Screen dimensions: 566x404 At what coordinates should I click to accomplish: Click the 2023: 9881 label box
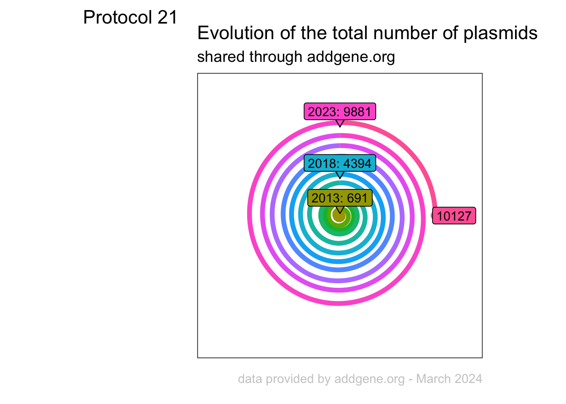click(340, 112)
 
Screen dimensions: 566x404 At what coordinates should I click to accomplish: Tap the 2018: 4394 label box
click(340, 163)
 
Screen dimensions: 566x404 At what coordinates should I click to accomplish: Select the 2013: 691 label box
click(340, 198)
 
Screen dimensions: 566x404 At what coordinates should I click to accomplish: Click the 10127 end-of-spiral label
click(454, 215)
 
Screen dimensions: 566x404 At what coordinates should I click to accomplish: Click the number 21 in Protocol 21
click(167, 17)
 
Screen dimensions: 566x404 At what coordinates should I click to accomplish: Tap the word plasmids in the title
click(500, 34)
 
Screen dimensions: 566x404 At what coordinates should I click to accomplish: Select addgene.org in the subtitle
click(351, 57)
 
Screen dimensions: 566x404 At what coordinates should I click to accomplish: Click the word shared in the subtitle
click(221, 56)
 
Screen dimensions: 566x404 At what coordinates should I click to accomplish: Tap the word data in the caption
click(250, 379)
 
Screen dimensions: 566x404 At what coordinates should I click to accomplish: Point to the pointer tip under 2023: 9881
click(340, 127)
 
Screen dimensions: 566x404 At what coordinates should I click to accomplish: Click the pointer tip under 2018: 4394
click(340, 178)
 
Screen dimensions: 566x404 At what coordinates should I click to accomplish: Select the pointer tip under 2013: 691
click(340, 213)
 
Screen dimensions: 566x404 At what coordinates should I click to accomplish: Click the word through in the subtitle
click(276, 57)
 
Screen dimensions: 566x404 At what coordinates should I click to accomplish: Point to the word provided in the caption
click(290, 379)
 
